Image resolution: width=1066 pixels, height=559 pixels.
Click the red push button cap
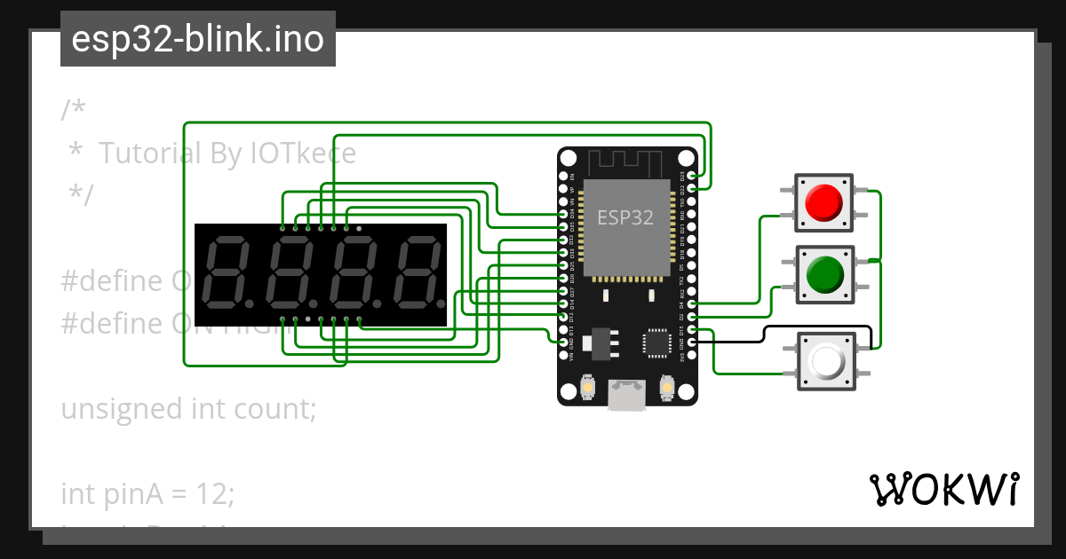tap(823, 202)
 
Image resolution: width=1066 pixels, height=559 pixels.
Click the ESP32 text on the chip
tap(625, 217)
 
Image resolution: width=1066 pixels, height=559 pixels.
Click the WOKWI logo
tap(943, 489)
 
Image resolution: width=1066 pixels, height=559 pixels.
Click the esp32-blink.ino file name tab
tap(197, 39)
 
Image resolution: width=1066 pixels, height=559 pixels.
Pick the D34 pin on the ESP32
tap(564, 214)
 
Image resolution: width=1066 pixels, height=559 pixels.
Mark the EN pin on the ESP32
tap(564, 176)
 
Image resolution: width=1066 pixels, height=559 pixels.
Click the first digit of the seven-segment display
tap(226, 272)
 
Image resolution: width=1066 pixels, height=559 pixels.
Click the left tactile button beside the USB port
tap(587, 388)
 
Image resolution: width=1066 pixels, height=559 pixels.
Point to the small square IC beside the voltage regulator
tap(657, 342)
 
